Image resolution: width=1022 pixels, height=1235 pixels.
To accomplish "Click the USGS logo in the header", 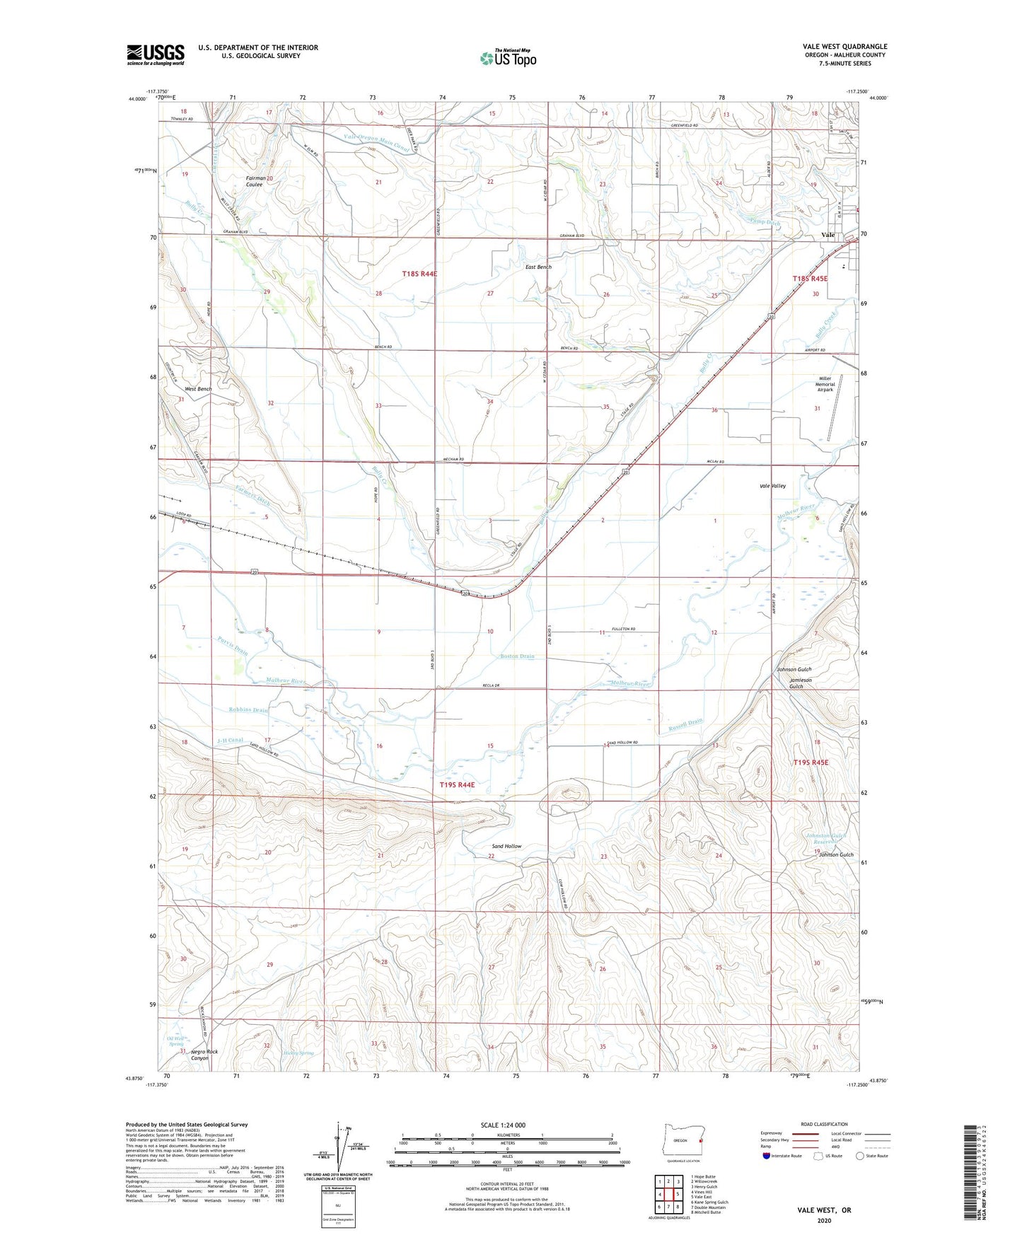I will [155, 54].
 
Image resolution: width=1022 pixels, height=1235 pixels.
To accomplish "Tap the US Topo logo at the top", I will [507, 58].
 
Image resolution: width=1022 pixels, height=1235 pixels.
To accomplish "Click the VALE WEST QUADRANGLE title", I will [844, 47].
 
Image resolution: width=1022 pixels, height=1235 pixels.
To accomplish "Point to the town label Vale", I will [828, 235].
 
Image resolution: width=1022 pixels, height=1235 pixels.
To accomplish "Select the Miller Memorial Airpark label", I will [825, 384].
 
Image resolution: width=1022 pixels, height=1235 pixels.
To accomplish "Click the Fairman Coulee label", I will [255, 182].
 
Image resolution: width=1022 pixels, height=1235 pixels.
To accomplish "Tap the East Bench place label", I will [538, 267].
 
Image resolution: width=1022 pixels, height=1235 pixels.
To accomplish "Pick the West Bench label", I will [198, 389].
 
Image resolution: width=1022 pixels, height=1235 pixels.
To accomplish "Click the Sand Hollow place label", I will [506, 846].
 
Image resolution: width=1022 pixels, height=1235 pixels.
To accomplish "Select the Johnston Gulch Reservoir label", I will [826, 839].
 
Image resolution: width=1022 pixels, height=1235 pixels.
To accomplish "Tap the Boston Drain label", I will [517, 656].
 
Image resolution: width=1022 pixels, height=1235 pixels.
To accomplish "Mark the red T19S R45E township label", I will [810, 763].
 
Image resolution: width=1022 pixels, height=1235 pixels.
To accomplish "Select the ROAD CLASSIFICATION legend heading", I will [824, 1124].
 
